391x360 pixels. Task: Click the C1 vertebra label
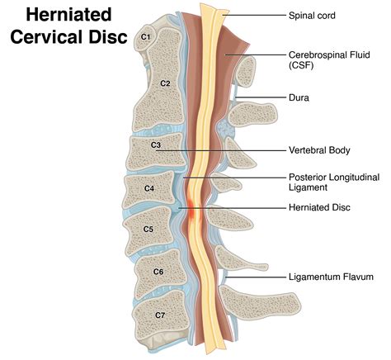[x=145, y=36]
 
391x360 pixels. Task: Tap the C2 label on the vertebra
[x=164, y=83]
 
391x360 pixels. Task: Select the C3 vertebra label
[x=156, y=145]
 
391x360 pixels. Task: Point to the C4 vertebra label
[x=149, y=188]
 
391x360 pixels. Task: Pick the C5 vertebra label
[x=148, y=229]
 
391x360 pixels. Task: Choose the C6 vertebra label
[x=158, y=271]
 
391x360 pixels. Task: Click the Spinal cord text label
[x=314, y=15]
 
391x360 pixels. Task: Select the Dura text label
[x=299, y=97]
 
